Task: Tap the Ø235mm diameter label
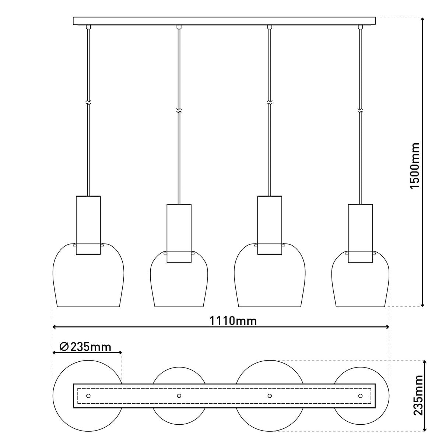[x=85, y=347]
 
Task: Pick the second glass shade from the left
[x=179, y=287]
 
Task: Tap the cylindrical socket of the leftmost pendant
[x=88, y=225]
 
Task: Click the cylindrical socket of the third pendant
[x=270, y=225]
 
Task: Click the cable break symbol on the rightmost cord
[x=360, y=110]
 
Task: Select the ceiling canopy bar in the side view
[x=225, y=21]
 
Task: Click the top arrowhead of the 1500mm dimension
[x=422, y=20]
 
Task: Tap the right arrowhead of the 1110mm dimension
[x=387, y=327]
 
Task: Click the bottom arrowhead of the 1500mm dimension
[x=422, y=304]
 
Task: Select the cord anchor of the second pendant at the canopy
[x=179, y=27]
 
